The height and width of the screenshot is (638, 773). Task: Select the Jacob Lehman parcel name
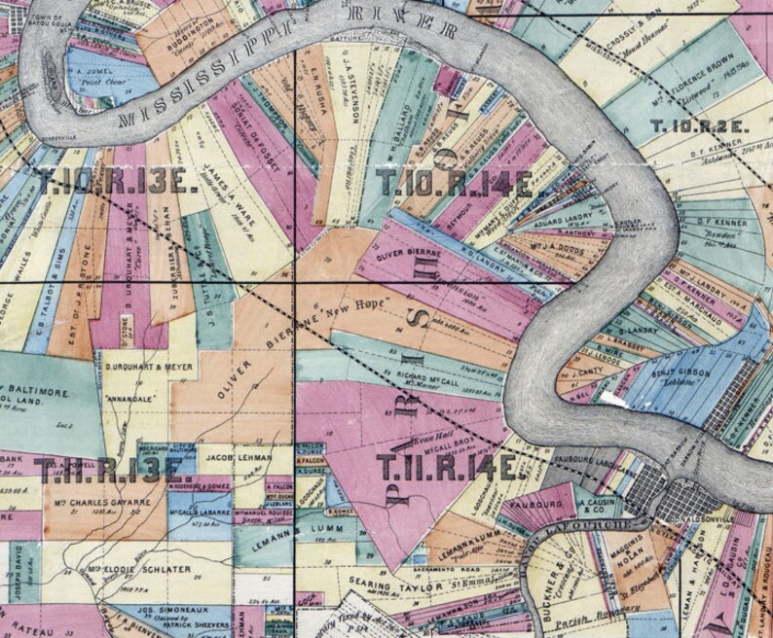235,454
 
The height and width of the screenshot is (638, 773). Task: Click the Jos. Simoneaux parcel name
159,603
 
